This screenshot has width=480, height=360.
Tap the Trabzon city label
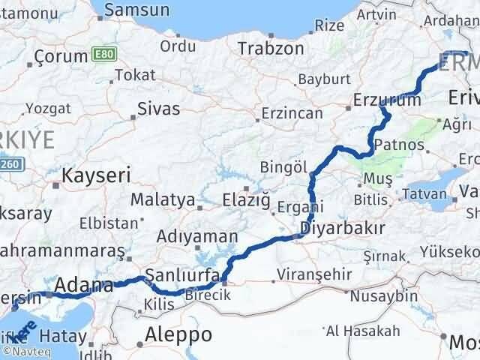point(271,48)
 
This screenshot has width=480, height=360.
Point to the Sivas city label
point(159,109)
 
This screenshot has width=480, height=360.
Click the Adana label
point(85,285)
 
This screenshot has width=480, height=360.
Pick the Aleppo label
point(179,334)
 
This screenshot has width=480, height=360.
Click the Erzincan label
point(292,114)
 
